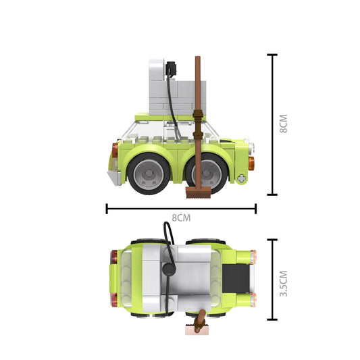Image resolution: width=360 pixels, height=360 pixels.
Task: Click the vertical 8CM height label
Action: tap(284, 124)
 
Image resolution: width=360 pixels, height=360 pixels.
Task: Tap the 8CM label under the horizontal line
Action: tap(180, 217)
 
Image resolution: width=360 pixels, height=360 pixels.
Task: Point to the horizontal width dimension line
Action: tap(180, 208)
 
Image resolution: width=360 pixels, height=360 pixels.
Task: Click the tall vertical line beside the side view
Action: tap(272, 124)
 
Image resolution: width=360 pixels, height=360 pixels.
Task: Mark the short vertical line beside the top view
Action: tap(272, 280)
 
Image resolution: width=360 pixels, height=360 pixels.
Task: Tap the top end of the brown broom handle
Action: tap(198, 59)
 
